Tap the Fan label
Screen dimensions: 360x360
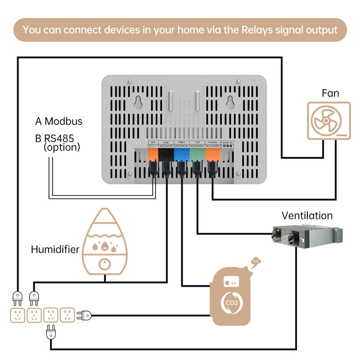[x=330, y=93]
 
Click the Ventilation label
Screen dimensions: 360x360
[x=307, y=216]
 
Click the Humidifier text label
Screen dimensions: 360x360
[x=55, y=249]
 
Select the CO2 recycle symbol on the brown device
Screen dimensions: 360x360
[x=230, y=302]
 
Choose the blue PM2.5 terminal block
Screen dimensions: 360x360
[x=182, y=154]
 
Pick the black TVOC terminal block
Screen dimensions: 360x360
[x=166, y=154]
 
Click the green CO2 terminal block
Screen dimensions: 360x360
[x=197, y=154]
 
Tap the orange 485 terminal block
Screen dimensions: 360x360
[x=153, y=154]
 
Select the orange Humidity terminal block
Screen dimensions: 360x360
[x=212, y=154]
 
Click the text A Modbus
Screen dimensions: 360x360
[x=58, y=121]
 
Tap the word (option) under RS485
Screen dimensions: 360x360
[x=62, y=147]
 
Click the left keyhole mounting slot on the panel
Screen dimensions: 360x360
[x=138, y=103]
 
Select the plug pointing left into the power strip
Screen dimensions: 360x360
[x=84, y=315]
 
